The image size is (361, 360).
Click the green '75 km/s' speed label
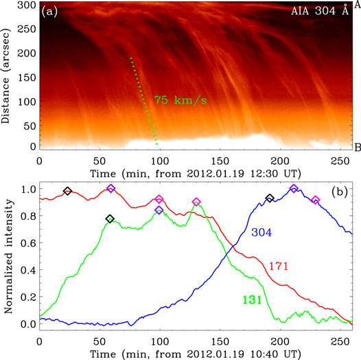(180, 100)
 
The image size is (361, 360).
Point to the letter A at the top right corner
(357, 5)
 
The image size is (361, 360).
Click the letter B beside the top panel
(357, 148)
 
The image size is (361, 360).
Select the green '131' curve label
(253, 299)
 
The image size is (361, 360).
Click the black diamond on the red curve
(67, 191)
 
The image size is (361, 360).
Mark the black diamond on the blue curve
(270, 199)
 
